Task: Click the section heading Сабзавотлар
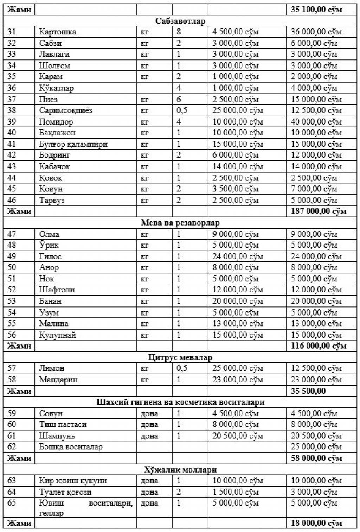click(x=180, y=21)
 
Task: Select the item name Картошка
click(x=57, y=32)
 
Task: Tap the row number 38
click(x=12, y=110)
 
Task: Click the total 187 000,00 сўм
click(x=318, y=211)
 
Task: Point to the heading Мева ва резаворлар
click(x=180, y=223)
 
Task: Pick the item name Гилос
click(x=50, y=256)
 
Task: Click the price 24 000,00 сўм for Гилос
click(x=237, y=256)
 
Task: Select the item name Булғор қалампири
click(x=73, y=144)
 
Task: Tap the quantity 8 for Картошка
click(x=179, y=32)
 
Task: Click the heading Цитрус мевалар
click(x=180, y=357)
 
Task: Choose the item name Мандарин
click(x=58, y=380)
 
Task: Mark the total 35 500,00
click(x=308, y=391)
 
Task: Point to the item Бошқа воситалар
click(x=71, y=447)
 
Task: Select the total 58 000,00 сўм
click(x=316, y=458)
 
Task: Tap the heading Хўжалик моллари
click(x=180, y=470)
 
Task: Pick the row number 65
click(x=12, y=503)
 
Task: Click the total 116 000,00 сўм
click(x=318, y=346)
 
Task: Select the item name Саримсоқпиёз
click(x=65, y=110)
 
